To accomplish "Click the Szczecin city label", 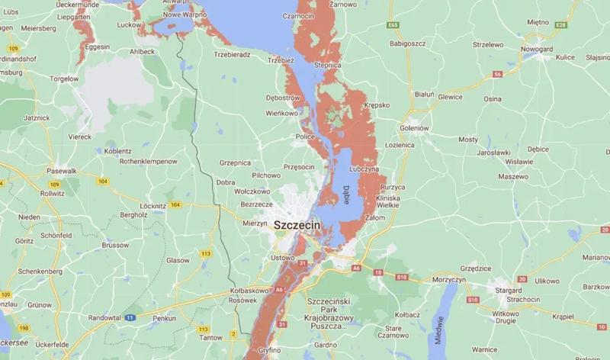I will tap(297, 227).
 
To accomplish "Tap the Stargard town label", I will tap(508, 290).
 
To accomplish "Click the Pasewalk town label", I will tap(63, 171).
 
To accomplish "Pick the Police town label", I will tap(305, 137).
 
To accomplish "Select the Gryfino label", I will tap(271, 350).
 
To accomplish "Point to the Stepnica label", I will tap(326, 66).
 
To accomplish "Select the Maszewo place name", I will tap(513, 176).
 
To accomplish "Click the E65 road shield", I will tap(393, 25).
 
